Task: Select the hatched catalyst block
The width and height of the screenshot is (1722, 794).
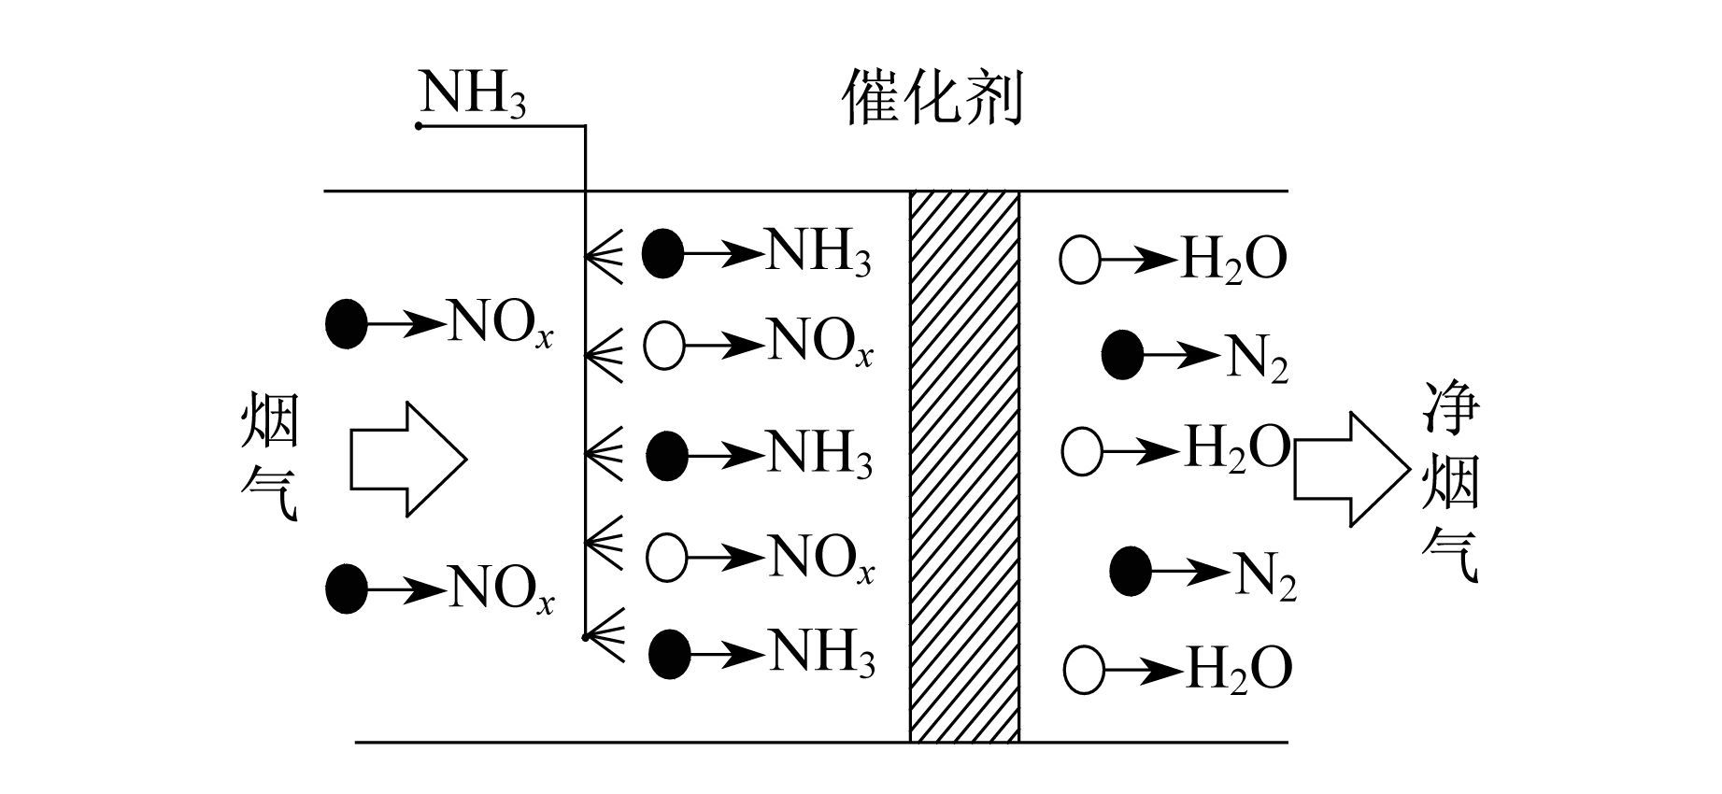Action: pos(964,467)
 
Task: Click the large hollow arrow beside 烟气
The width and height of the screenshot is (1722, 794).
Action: pos(407,459)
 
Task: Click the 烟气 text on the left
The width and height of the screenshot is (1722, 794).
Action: pos(270,457)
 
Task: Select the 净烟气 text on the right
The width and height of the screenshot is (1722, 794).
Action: pos(1451,483)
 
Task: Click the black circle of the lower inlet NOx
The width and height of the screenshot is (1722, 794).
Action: pos(347,588)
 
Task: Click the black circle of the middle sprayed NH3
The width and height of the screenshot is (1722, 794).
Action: pos(667,456)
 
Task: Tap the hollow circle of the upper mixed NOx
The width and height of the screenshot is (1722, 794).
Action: pos(665,346)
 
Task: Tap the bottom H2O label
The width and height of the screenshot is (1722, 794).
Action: pos(1239,668)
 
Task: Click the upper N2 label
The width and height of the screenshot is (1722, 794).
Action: pos(1256,357)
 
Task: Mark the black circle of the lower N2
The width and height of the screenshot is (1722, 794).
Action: pos(1131,571)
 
